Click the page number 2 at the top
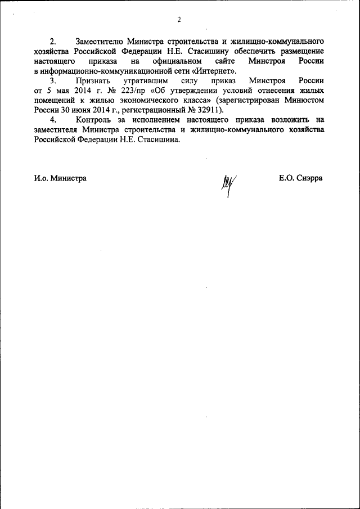[x=179, y=21]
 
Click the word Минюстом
[x=304, y=100]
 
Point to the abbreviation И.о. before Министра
[x=41, y=178]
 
